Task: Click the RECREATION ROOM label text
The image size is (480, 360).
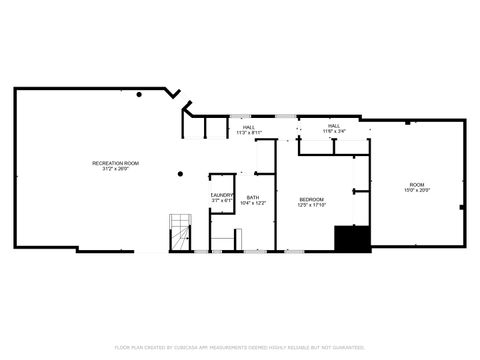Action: [x=115, y=163]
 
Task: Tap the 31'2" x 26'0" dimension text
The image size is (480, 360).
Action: [x=115, y=169]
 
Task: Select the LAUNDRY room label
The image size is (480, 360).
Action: [x=222, y=195]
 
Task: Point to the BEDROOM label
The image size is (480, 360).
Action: [x=312, y=199]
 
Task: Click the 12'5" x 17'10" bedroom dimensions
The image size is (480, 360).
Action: [x=312, y=205]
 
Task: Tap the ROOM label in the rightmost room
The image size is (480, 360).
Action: [x=416, y=184]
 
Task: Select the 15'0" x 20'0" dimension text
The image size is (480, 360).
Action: [x=416, y=190]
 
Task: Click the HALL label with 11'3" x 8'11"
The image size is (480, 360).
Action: [x=249, y=127]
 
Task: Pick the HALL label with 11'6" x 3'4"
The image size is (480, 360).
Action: [x=334, y=126]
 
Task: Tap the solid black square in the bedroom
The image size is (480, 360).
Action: [x=352, y=239]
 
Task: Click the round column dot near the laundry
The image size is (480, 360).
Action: [x=179, y=174]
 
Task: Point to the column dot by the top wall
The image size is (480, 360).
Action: [x=140, y=95]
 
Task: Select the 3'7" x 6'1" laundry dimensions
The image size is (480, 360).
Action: [x=222, y=201]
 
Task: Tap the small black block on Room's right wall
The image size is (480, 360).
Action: [x=461, y=207]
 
